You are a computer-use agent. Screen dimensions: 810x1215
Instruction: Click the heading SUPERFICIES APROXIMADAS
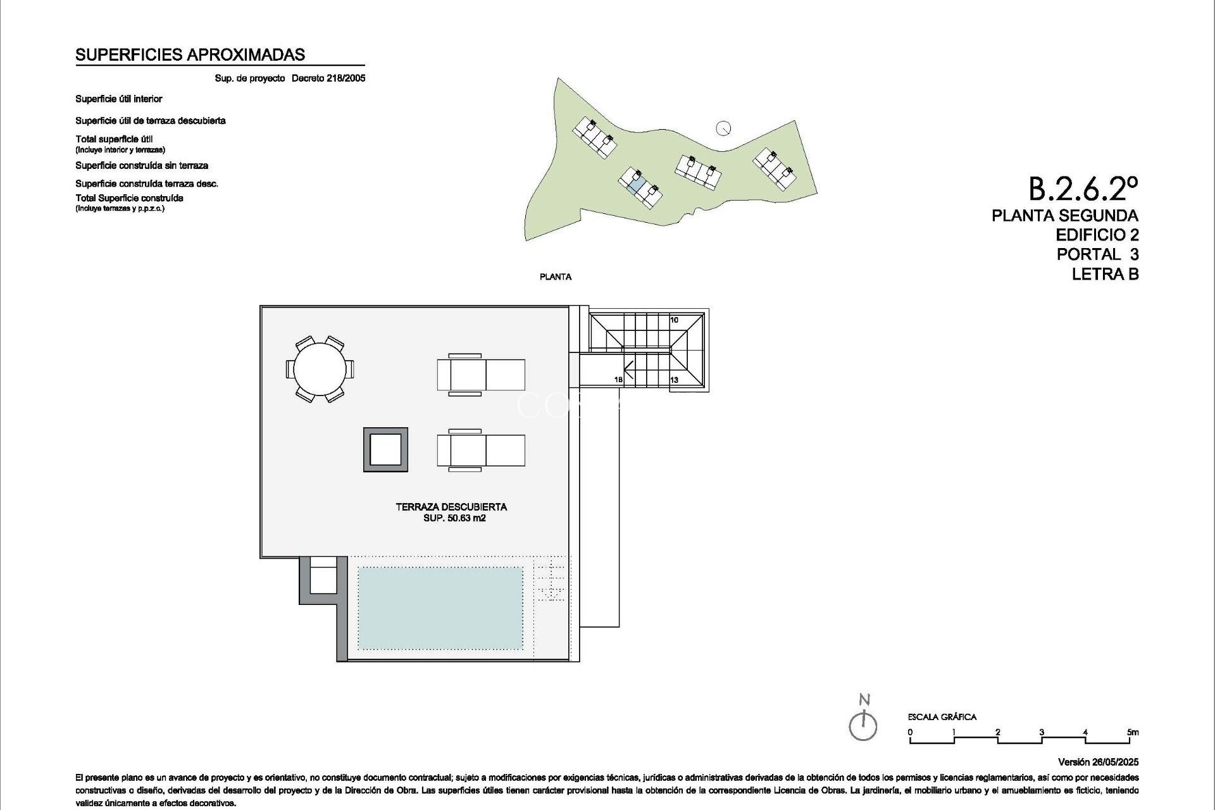(x=190, y=55)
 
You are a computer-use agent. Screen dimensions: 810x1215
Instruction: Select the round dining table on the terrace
(x=320, y=369)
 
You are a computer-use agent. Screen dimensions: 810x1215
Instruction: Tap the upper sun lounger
(x=481, y=375)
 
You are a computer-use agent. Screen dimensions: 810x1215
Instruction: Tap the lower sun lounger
(x=481, y=450)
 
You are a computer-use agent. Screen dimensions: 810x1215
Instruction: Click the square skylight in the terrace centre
(x=385, y=450)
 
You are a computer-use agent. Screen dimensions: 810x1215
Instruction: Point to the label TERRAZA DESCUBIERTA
(x=451, y=507)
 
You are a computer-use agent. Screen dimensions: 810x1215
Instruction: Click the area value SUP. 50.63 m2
(x=454, y=518)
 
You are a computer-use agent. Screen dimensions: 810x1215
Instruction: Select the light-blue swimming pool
(x=440, y=607)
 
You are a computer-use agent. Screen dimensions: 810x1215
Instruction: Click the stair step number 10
(x=674, y=320)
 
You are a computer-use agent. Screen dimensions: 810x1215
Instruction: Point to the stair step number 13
(x=674, y=380)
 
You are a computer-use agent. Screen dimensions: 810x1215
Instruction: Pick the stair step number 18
(x=618, y=380)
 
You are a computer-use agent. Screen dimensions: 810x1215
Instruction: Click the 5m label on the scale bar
(x=1133, y=732)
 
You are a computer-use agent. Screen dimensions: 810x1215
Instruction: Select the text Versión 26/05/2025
(x=1098, y=762)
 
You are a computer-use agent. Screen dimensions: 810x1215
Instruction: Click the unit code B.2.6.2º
(x=1083, y=188)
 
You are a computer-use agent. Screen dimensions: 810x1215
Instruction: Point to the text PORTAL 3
(x=1097, y=254)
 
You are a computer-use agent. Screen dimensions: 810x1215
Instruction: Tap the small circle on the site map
(x=723, y=128)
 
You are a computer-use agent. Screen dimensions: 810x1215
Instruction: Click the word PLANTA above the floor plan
(x=556, y=277)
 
